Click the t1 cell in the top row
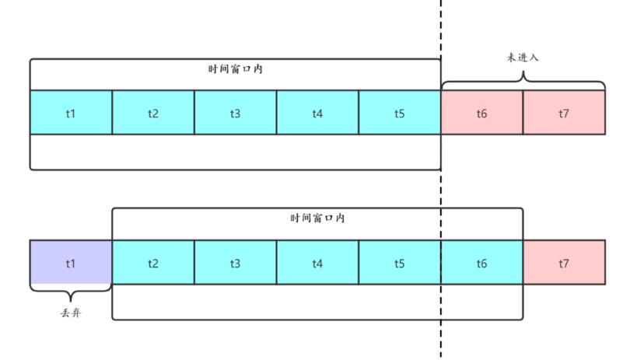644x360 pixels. (x=71, y=113)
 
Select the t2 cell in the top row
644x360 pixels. (x=153, y=113)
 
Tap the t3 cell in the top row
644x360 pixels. (x=235, y=113)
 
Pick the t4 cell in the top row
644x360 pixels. (x=317, y=113)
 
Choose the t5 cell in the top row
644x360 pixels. (x=399, y=113)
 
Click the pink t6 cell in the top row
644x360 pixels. (x=481, y=113)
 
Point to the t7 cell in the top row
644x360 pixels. (x=564, y=113)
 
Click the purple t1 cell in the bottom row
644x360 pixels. (x=71, y=263)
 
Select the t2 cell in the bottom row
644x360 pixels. (x=153, y=263)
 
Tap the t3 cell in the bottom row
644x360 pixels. (x=235, y=263)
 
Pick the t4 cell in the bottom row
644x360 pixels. (x=317, y=263)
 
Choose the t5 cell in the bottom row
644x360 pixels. (x=399, y=263)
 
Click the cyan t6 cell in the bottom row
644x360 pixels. (x=481, y=263)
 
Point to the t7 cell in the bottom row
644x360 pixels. (x=564, y=263)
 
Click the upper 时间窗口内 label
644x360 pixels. (x=235, y=68)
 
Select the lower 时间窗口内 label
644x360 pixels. (x=317, y=218)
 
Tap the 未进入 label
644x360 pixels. (x=523, y=58)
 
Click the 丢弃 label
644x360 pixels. (x=71, y=313)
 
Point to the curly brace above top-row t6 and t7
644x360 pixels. (x=523, y=80)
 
